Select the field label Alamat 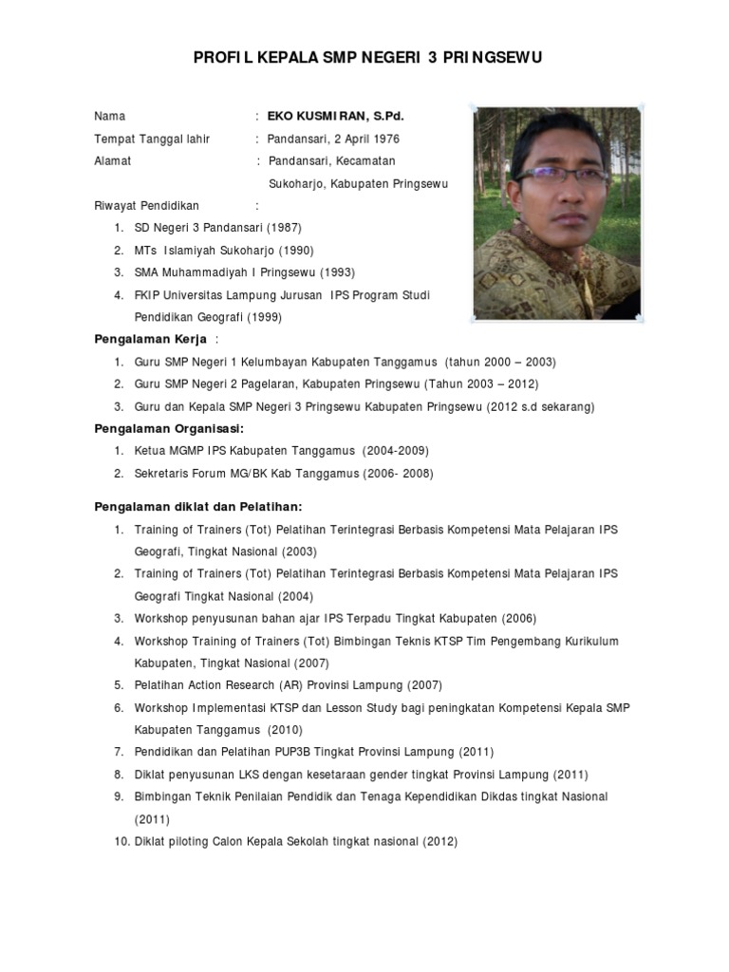click(x=112, y=161)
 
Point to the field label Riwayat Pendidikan click(x=147, y=206)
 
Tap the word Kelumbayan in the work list click(x=291, y=362)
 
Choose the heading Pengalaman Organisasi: click(x=169, y=428)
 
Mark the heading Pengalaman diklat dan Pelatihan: click(x=197, y=507)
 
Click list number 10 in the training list click(x=121, y=841)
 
